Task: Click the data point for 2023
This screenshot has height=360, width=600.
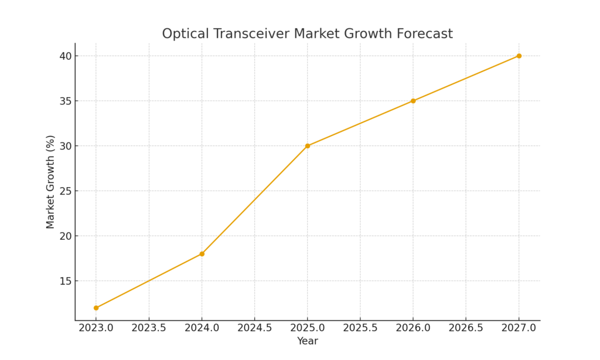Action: coord(96,308)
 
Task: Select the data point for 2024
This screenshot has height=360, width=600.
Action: coord(202,254)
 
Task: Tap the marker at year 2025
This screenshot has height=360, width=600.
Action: coord(308,146)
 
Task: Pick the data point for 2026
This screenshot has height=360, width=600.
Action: coord(413,101)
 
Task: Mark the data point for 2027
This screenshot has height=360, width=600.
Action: coord(519,56)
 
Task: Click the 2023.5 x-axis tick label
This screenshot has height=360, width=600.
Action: coord(149,328)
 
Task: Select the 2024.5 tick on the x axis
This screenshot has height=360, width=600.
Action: coord(254,328)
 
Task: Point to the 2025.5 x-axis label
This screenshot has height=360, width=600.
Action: coord(360,328)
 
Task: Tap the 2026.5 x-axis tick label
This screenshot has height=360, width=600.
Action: coord(466,328)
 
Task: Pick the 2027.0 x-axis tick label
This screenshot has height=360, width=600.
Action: coord(519,328)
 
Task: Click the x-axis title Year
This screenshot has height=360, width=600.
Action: coord(307,341)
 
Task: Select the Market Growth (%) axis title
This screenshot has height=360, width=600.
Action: coord(50,182)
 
